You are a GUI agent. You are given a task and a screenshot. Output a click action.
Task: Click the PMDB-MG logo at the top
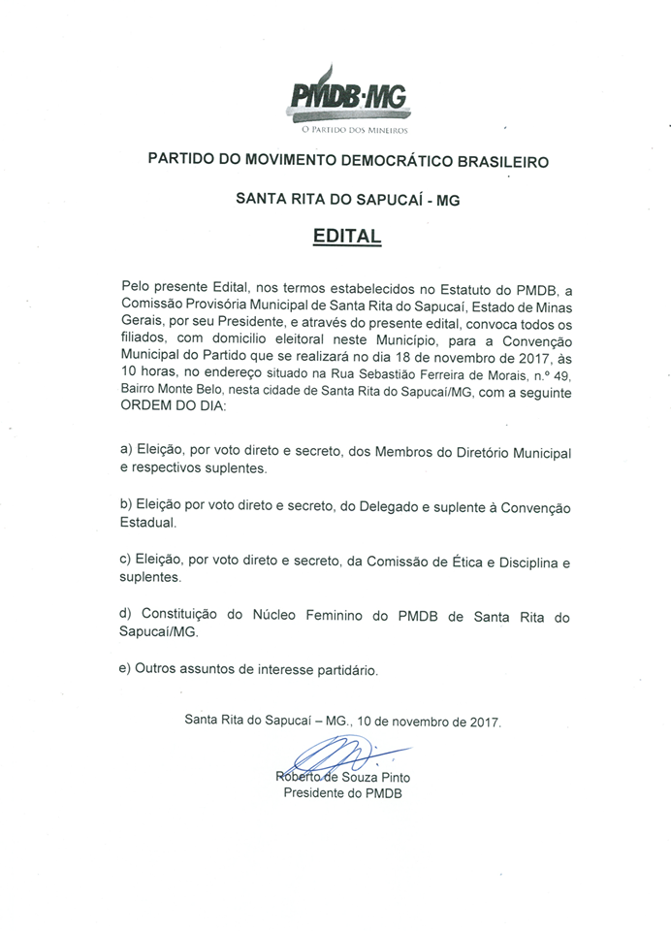click(x=347, y=96)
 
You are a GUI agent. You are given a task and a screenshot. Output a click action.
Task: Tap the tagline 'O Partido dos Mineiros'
click(x=346, y=129)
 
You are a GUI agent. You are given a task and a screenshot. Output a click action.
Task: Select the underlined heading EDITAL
click(x=347, y=236)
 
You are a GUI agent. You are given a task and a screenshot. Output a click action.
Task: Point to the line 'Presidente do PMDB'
click(x=342, y=793)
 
